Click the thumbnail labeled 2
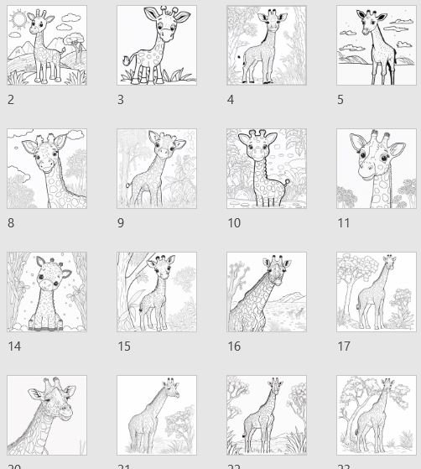47,45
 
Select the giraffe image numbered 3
157,45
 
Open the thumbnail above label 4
267,45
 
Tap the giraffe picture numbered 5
377,45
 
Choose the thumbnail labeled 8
47,169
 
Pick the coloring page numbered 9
157,169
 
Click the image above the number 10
267,169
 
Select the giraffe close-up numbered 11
377,169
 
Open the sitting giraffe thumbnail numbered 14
47,292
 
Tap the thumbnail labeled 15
157,292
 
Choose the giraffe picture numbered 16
267,292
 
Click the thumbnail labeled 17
377,292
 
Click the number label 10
234,223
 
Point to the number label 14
13,347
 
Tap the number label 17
344,347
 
